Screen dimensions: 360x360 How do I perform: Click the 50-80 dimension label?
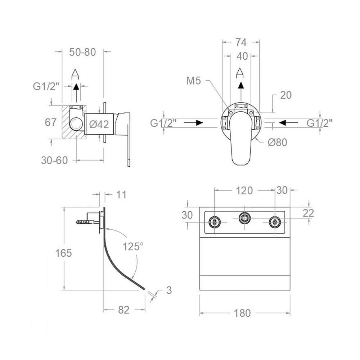point(82,52)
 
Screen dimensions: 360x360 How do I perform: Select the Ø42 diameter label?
point(99,124)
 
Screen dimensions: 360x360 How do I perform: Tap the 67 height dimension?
point(50,122)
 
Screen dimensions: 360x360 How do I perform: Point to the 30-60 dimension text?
point(54,160)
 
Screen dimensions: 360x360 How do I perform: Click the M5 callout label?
point(194,81)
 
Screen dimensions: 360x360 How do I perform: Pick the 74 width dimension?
point(241,42)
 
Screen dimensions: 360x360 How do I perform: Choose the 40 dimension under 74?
point(242,56)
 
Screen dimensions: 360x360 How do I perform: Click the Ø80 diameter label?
point(277,142)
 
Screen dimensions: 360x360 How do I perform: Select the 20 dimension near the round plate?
point(286,95)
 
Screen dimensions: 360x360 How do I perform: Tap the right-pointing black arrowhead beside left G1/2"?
point(199,123)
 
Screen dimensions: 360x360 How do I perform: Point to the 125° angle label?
point(133,247)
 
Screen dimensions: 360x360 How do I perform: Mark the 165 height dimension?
point(64,253)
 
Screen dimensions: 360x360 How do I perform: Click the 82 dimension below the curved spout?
point(124,310)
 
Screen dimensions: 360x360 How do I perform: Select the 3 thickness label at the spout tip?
point(169,290)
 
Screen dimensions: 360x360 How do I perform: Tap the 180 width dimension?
point(242,313)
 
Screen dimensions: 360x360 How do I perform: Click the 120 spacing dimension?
point(244,190)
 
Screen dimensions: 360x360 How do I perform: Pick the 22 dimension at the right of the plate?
point(308,213)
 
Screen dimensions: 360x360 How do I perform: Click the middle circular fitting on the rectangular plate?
point(244,217)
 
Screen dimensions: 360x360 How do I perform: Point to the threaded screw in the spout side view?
point(85,222)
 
